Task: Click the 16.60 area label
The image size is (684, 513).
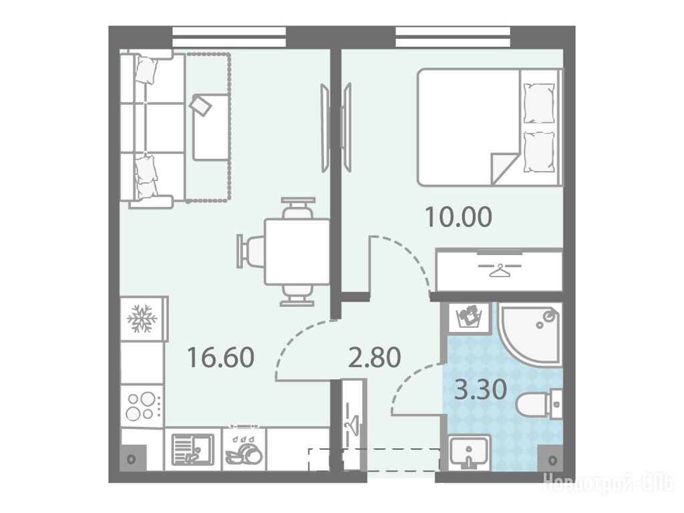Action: tap(220, 357)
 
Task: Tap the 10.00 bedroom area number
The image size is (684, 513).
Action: tap(458, 217)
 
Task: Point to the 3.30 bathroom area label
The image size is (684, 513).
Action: tap(480, 389)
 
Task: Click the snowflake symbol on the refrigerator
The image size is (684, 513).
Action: tap(142, 318)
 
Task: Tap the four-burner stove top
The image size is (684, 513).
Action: tap(141, 406)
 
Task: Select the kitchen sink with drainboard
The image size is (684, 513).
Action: tap(193, 450)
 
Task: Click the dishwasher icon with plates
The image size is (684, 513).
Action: tap(244, 450)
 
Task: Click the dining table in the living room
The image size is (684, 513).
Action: tap(297, 252)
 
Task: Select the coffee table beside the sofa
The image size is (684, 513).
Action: tap(210, 127)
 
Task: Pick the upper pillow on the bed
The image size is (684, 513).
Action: tap(539, 104)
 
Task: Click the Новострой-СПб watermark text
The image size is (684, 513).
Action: tap(608, 484)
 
